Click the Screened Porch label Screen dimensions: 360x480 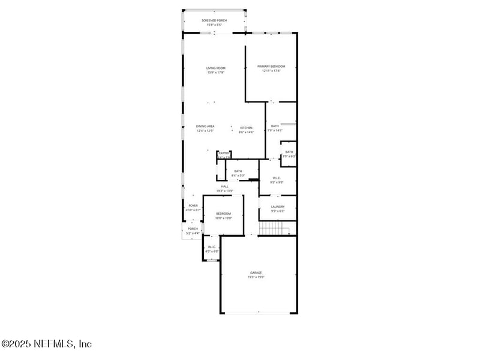point(214,20)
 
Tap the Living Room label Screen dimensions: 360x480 point(216,68)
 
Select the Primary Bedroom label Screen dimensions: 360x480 point(271,66)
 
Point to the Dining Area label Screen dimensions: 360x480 point(205,126)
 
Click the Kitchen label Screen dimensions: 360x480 point(246,128)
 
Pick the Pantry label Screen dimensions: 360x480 point(224,153)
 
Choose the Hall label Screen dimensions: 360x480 point(224,186)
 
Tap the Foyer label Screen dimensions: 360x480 point(193,205)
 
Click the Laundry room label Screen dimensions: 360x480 point(278,206)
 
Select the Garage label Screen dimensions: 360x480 point(256,272)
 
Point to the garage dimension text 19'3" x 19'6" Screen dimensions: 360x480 point(256,277)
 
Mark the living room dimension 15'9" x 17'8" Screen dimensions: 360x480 point(216,73)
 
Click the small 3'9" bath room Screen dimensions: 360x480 point(289,154)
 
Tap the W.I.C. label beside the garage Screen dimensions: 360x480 point(212,247)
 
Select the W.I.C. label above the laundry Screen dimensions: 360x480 point(277,178)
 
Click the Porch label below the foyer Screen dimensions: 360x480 point(193,229)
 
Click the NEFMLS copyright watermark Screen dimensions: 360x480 point(47,344)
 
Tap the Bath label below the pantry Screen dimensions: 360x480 point(238,172)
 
